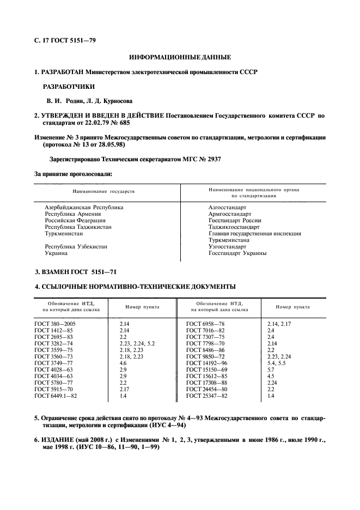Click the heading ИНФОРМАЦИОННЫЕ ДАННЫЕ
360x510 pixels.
tap(180, 57)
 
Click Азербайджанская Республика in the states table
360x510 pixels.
tap(84, 208)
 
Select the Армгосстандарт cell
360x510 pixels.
tap(230, 214)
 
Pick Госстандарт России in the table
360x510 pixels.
tap(235, 221)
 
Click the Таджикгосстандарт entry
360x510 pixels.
tap(235, 227)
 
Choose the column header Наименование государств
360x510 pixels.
tap(103, 192)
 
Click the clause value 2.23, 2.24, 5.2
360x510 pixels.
tap(137, 344)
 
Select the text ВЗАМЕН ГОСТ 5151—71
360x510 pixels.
tap(80, 271)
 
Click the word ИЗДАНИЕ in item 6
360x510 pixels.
tap(59, 440)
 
